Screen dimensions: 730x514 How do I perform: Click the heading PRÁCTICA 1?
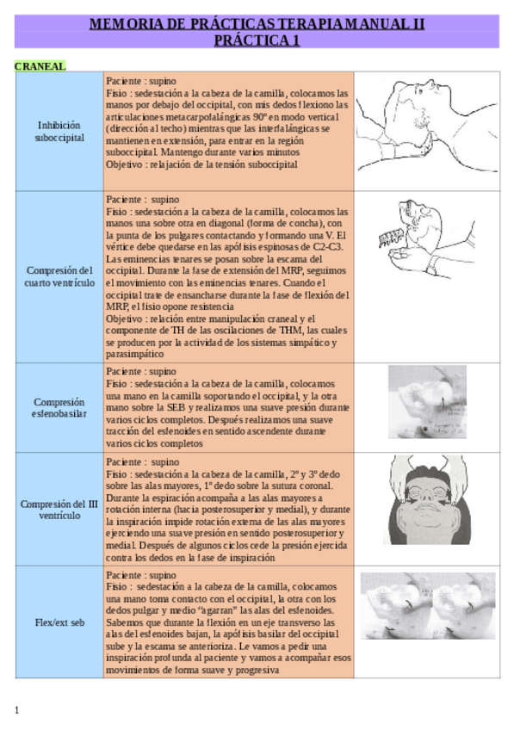tap(257, 40)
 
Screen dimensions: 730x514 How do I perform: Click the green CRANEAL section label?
tap(40, 65)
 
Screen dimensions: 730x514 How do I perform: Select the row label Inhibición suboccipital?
tap(59, 131)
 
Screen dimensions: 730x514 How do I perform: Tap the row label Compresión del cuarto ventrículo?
tap(59, 276)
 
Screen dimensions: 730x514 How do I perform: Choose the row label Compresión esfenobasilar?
tap(59, 407)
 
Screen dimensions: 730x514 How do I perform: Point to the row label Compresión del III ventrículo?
tap(59, 510)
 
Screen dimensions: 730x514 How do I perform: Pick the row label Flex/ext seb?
tap(59, 622)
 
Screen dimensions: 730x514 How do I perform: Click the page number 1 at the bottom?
tap(17, 709)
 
